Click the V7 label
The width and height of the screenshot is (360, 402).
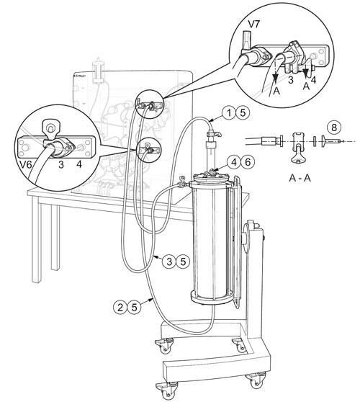pyautogui.click(x=254, y=24)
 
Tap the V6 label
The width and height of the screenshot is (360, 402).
pyautogui.click(x=27, y=164)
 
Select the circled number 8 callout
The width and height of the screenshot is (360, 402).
pyautogui.click(x=334, y=128)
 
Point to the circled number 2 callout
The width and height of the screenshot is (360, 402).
pyautogui.click(x=120, y=307)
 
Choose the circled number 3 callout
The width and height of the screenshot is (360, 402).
pyautogui.click(x=170, y=262)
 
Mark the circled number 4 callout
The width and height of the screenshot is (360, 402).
pyautogui.click(x=234, y=162)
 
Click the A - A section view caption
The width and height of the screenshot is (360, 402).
pyautogui.click(x=300, y=178)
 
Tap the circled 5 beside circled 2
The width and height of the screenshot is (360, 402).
pyautogui.click(x=134, y=307)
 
